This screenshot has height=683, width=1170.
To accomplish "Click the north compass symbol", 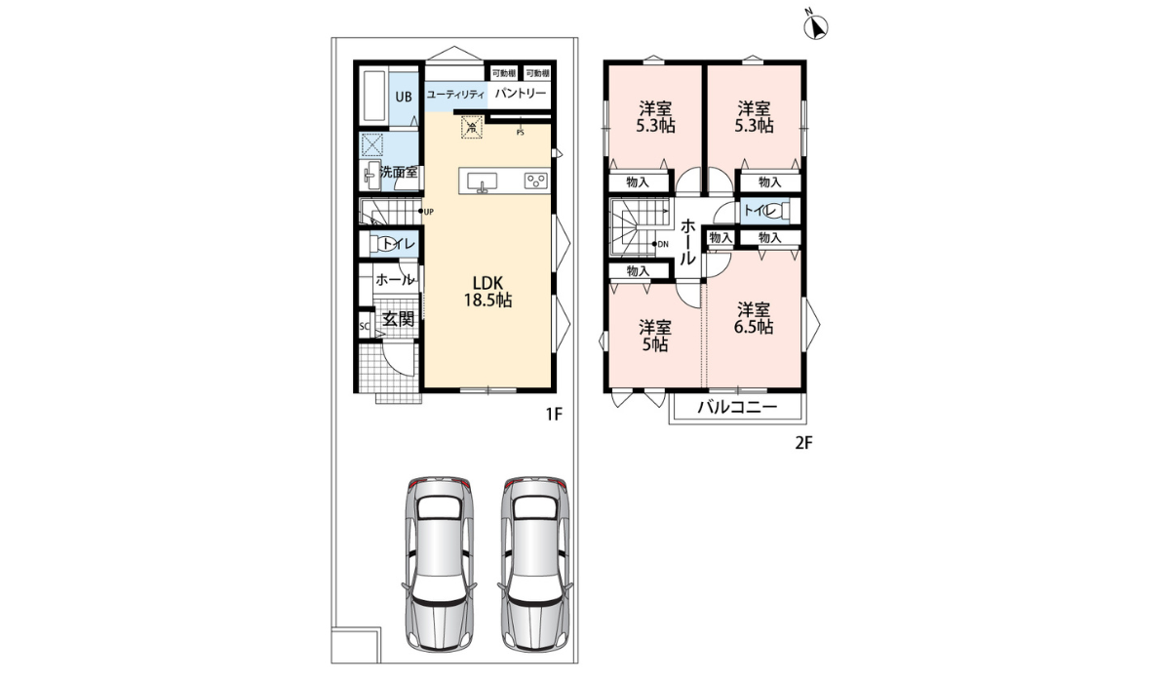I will [x=814, y=27].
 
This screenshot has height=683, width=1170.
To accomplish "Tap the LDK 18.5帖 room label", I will [x=487, y=291].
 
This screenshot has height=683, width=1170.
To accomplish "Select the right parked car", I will [x=533, y=564].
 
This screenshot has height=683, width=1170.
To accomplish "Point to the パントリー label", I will [x=520, y=94].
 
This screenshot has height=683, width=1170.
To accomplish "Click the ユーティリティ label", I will [x=455, y=95].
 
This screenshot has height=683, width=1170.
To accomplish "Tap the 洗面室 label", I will [x=399, y=172].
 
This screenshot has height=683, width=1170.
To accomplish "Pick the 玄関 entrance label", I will [x=398, y=318].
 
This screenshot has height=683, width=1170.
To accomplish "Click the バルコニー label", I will [x=737, y=408].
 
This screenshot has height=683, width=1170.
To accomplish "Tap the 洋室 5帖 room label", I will [x=654, y=335].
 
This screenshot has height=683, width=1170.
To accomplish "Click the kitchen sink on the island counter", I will [x=483, y=181].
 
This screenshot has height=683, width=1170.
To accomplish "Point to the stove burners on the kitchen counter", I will [x=535, y=181].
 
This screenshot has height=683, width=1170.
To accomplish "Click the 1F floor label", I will [x=554, y=415].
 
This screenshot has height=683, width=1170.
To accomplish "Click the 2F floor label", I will [x=803, y=442].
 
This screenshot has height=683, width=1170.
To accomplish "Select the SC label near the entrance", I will [x=365, y=326].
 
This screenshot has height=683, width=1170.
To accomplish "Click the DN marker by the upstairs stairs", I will [x=663, y=244].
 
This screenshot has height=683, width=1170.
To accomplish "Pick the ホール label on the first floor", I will [x=394, y=280].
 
